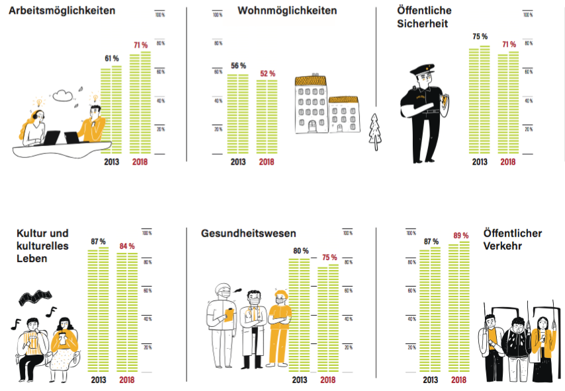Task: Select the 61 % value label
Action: coord(110,59)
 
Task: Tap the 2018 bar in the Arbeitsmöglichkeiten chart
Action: coord(140,102)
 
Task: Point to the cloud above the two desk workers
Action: coord(63,96)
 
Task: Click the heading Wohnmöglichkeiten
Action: coord(287,11)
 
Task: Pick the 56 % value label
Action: coord(238,66)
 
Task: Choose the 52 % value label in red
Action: coord(267,73)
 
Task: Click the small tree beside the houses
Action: coord(376,129)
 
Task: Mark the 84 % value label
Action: coord(127,246)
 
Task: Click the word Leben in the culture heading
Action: coord(32,258)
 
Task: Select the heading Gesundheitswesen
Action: coord(248,233)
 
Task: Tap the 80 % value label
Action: coord(299,250)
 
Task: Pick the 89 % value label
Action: coord(460,236)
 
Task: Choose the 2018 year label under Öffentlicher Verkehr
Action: coord(460,380)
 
